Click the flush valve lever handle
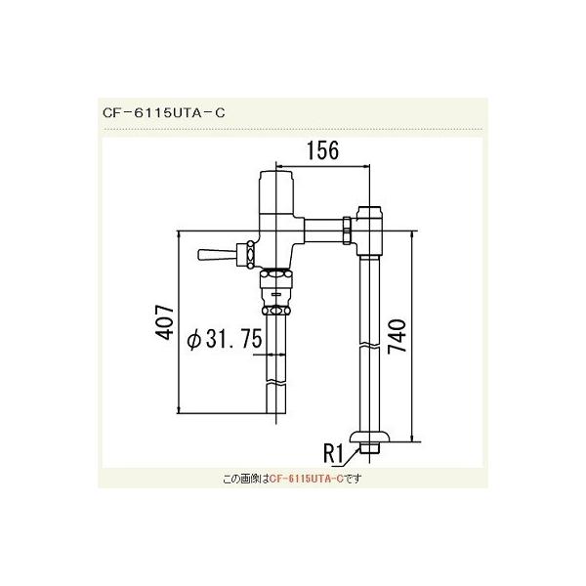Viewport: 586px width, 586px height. [x=215, y=255]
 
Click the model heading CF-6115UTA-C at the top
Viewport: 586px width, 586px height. [x=164, y=111]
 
